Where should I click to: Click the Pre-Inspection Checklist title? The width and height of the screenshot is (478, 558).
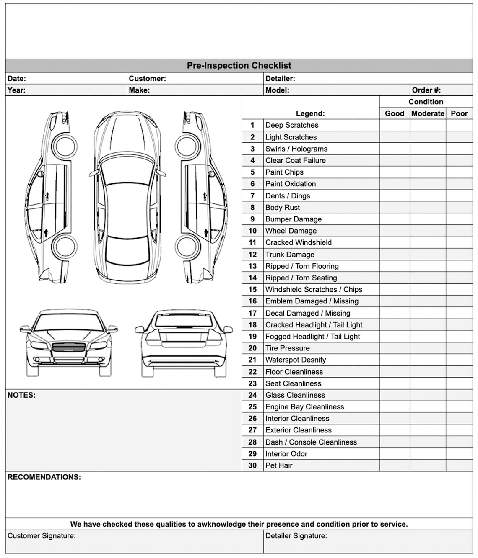click(239, 66)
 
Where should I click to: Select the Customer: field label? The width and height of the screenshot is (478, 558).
click(147, 79)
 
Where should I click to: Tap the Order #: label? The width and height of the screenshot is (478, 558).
click(426, 90)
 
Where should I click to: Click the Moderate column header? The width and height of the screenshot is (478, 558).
click(428, 113)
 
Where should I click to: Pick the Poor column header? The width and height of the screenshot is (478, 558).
click(459, 113)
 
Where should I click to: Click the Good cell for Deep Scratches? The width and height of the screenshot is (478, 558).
click(395, 125)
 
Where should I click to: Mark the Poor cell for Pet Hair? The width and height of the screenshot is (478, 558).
click(459, 465)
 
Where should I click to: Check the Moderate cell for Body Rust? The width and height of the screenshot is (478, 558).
click(428, 208)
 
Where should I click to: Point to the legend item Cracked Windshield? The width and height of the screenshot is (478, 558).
click(298, 243)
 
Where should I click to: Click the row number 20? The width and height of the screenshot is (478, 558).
click(252, 348)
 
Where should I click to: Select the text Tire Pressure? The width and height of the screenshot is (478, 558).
click(287, 348)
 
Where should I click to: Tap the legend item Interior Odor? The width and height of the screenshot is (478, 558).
click(286, 454)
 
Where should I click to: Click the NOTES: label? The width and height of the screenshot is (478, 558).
click(21, 395)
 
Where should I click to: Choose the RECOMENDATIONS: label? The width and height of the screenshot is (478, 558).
click(44, 477)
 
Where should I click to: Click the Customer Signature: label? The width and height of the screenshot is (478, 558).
click(42, 536)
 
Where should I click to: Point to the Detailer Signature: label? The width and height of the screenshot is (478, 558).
click(296, 536)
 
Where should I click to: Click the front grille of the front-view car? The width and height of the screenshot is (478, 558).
click(69, 347)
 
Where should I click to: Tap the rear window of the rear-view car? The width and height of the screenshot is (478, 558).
click(183, 321)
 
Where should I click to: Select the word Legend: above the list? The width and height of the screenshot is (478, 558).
click(310, 113)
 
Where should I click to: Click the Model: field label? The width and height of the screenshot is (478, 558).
click(277, 90)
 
